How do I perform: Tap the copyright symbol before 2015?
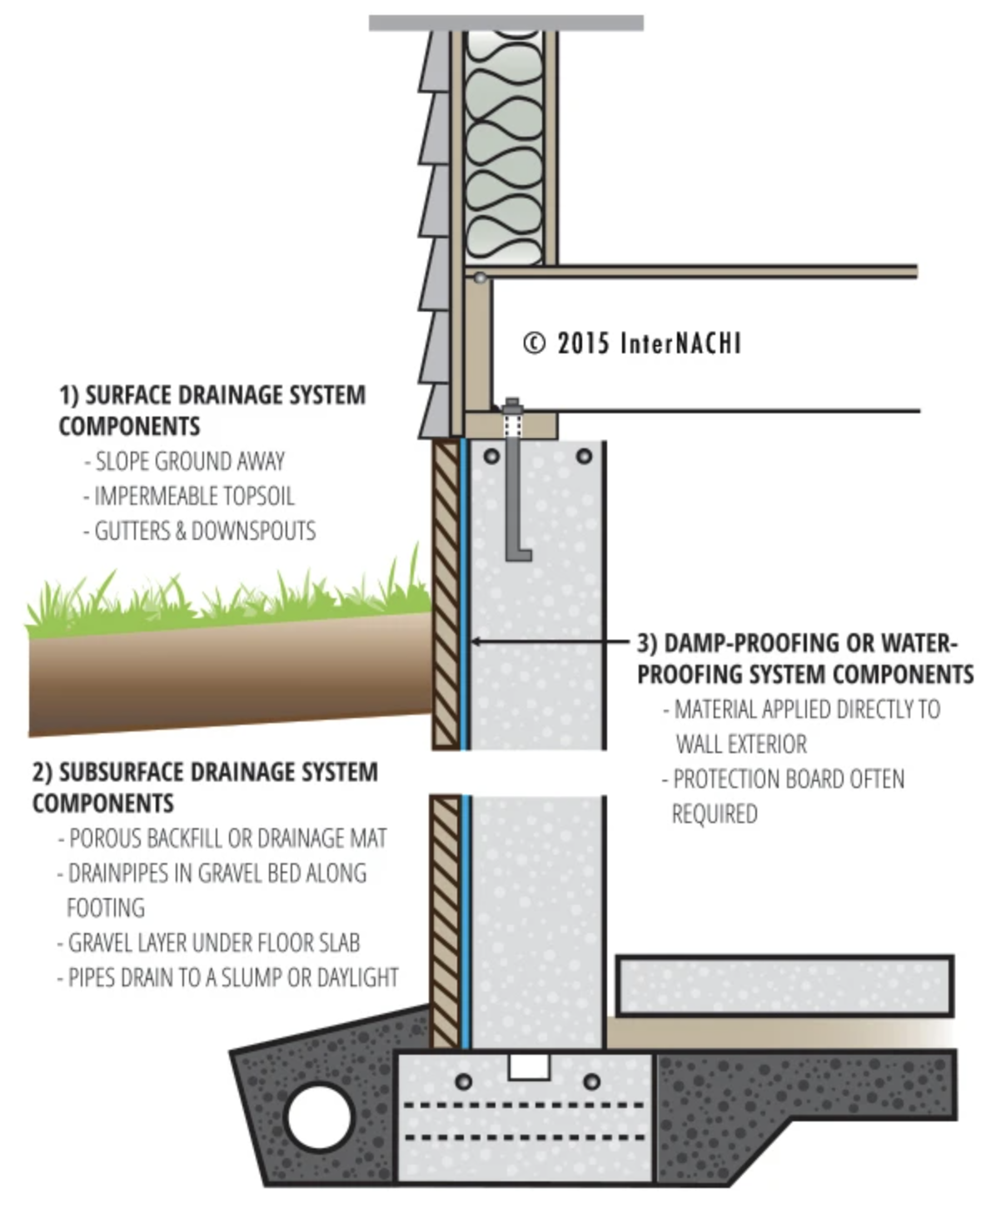pos(534,343)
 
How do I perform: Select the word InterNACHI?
pos(680,343)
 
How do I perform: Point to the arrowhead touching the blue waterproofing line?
pos(476,641)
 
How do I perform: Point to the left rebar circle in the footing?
pos(464,1082)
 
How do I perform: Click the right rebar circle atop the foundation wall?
pos(584,456)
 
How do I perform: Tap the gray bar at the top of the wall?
pos(505,22)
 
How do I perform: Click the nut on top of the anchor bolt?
pos(511,407)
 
